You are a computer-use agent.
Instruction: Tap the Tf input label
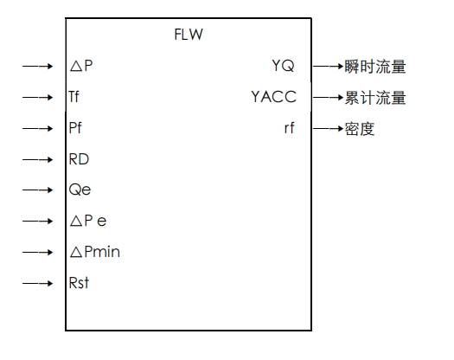(75, 98)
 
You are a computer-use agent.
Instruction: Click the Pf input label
(76, 129)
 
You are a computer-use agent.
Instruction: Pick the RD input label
(79, 159)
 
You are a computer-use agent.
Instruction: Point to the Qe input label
(80, 190)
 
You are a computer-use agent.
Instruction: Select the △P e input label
(88, 222)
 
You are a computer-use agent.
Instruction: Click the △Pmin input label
(94, 253)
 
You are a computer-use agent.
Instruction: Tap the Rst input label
(79, 283)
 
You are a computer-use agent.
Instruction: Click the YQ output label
(283, 67)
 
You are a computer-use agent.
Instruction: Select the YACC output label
(273, 98)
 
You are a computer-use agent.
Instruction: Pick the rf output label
(289, 129)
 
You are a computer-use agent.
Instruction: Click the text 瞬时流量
(375, 67)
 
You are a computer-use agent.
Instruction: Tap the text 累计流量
(375, 98)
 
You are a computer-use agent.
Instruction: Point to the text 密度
(361, 129)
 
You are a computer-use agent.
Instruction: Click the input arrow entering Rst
(39, 283)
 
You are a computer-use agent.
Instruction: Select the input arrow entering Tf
(39, 98)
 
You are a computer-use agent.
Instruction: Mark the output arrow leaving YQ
(328, 67)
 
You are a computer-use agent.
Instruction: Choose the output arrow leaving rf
(328, 129)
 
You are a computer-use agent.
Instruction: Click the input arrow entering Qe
(39, 190)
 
